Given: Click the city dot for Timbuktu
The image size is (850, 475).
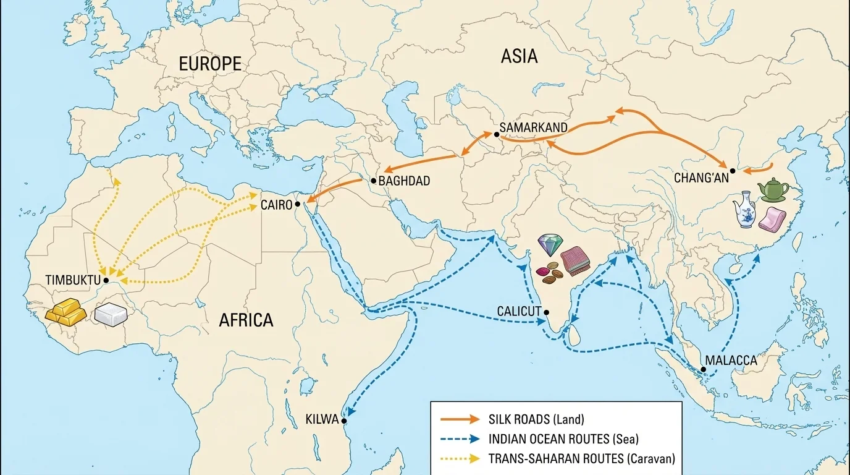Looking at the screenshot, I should tap(106, 280).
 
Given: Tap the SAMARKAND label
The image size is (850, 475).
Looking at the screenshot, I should tap(533, 127).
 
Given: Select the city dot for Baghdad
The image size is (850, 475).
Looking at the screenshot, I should tap(373, 181).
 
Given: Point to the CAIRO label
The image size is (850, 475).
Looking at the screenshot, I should tap(276, 205).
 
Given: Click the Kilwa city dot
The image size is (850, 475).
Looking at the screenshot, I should tap(344, 421).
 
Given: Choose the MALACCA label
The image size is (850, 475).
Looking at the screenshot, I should tap(731, 361).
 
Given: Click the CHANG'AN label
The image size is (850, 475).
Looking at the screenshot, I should tap(701, 178).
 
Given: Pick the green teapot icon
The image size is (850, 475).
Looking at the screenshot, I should tap(772, 190).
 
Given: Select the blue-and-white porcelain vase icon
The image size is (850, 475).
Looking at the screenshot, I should tap(745, 211).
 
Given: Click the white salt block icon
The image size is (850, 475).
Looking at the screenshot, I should tap(112, 314).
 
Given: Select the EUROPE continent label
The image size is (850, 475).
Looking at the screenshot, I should tap(209, 64).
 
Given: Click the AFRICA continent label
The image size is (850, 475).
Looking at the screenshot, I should tap(246, 320).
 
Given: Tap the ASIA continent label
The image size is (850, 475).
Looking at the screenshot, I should tap(519, 56).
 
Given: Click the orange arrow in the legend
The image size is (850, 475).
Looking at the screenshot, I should tap(460, 419).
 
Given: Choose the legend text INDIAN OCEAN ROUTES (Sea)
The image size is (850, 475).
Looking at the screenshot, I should tap(563, 439).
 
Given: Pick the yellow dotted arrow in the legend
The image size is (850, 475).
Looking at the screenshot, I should tap(460, 459).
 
